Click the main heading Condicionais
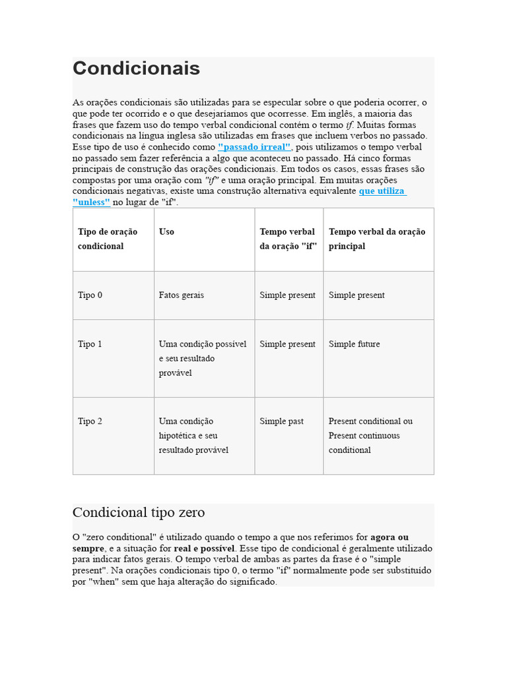click(136, 69)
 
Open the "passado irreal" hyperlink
click(254, 147)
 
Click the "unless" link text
click(91, 202)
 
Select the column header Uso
click(166, 232)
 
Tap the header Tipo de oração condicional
click(108, 239)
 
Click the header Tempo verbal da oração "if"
click(288, 239)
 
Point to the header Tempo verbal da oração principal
click(377, 239)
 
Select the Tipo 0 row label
click(90, 295)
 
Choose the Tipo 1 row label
click(90, 344)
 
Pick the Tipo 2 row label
click(90, 421)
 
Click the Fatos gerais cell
click(182, 295)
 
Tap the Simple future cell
click(355, 344)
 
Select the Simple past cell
click(282, 421)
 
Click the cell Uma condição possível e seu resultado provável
click(203, 359)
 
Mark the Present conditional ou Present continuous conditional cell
click(370, 436)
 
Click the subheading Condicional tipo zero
click(139, 512)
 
